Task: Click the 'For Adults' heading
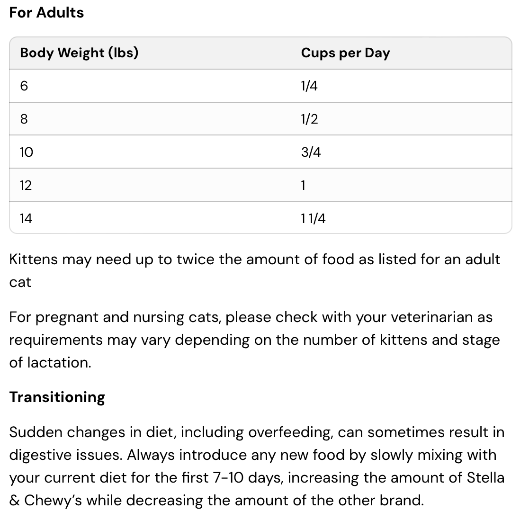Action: pos(46,12)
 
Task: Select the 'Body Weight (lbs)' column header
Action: pos(79,53)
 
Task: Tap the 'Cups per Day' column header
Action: pos(345,53)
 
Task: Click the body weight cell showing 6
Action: pos(24,86)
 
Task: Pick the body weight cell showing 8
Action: pos(24,119)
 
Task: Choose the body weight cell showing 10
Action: pos(27,152)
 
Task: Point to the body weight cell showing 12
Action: pos(26,185)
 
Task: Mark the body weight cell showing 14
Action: pos(26,218)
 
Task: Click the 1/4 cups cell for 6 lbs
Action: pos(309,86)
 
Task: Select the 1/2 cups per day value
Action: pos(309,119)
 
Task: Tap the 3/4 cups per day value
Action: pos(311,152)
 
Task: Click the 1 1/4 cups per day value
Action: pos(313,218)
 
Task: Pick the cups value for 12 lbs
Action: pos(303,185)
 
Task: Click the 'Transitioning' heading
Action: pos(57,397)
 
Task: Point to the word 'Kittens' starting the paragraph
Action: pos(33,260)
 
